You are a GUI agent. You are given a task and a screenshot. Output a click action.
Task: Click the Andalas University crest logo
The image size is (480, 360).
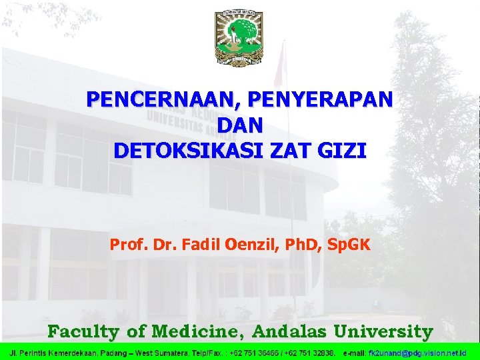tap(239, 38)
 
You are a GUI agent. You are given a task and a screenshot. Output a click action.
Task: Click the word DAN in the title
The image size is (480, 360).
tap(240, 125)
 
